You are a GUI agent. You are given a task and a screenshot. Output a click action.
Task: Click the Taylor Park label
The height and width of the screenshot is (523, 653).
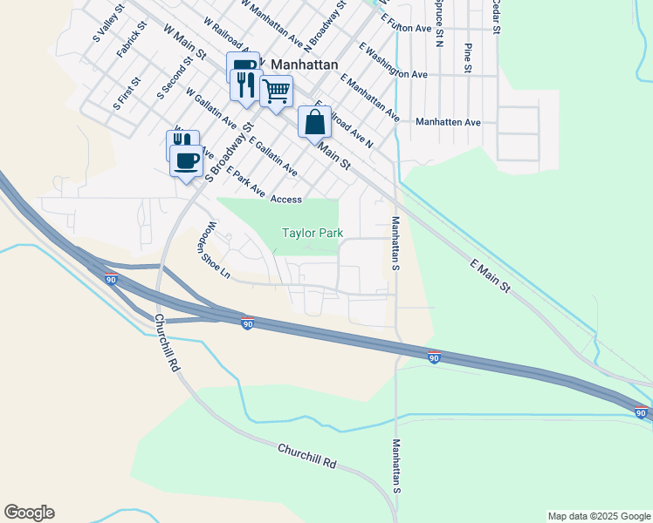coord(312,233)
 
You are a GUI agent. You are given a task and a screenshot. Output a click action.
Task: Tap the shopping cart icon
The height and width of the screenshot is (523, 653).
coord(276,91)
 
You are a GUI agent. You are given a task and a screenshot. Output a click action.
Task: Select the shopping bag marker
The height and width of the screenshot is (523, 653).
coord(314,121)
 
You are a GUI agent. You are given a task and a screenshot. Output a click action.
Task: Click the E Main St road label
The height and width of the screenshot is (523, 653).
coord(490,275)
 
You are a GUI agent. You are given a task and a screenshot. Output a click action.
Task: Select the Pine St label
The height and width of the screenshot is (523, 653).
coord(468,57)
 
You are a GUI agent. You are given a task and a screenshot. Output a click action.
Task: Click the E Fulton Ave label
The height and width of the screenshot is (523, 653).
coord(395,29)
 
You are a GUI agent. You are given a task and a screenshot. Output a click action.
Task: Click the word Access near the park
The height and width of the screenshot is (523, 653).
coord(286,200)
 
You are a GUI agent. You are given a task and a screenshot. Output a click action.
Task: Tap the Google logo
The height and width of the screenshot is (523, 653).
coord(29,513)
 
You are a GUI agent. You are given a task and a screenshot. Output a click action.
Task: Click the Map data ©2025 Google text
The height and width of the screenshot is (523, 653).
coord(598,516)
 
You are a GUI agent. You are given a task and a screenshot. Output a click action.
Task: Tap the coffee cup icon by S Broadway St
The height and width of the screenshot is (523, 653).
coord(187,160)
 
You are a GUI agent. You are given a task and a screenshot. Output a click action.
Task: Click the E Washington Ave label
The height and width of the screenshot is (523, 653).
coord(392,63)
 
